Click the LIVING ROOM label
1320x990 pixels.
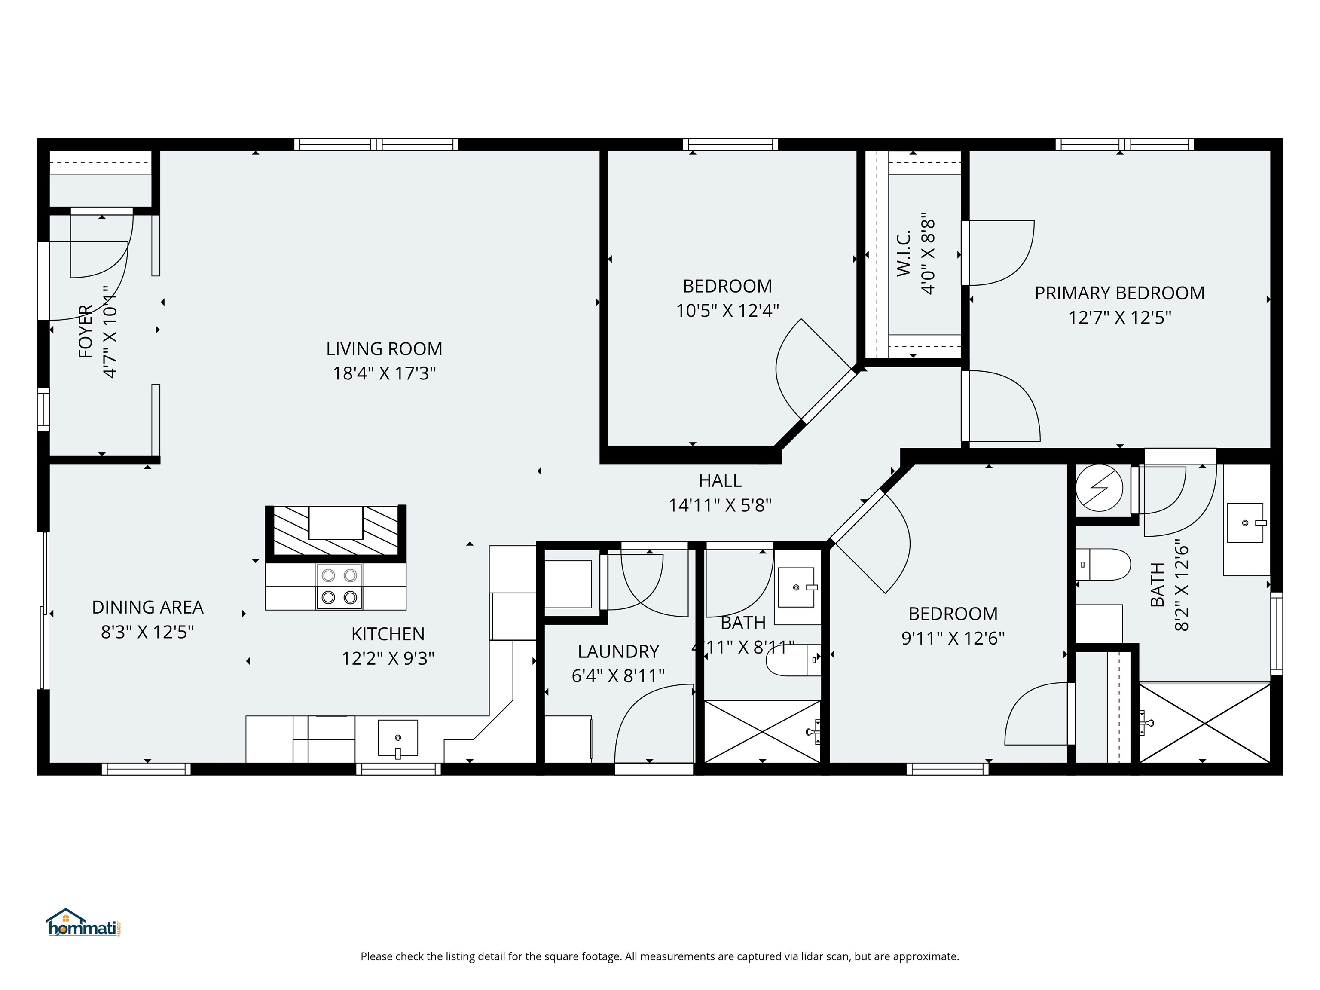pos(384,348)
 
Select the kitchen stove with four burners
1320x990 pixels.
pos(339,586)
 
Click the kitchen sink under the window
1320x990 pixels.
pos(397,739)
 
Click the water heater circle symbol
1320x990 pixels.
pos(1099,488)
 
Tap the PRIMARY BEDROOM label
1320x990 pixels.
pos(1119,293)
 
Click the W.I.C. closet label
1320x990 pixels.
pos(904,253)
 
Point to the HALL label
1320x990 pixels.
pos(720,480)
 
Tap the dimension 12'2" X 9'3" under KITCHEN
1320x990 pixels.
pos(388,658)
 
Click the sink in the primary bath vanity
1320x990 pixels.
pos(1245,523)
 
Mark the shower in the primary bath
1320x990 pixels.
pos(1205,723)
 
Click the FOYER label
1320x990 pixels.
pos(86,332)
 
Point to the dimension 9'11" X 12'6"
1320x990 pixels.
pos(953,638)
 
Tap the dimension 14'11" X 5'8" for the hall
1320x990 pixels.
pos(720,505)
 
